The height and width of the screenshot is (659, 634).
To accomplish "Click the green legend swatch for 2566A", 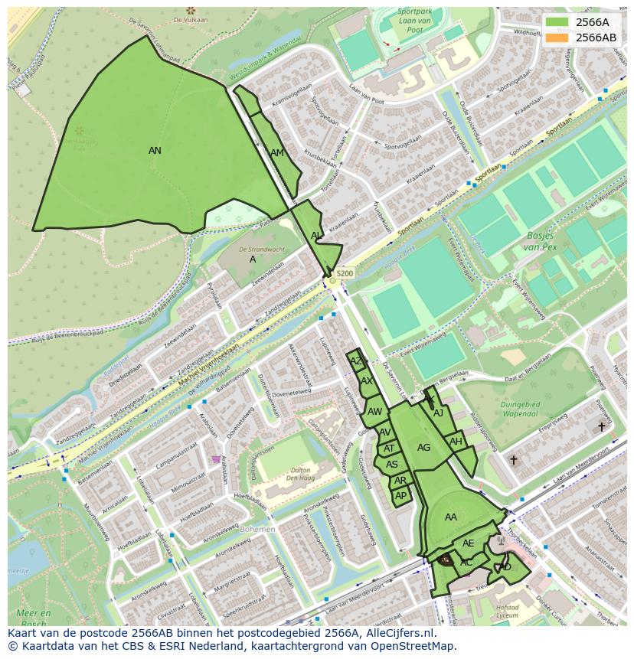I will coord(557,22).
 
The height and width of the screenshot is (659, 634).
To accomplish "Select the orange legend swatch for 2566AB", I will coord(557,38).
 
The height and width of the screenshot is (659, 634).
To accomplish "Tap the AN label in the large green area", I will coord(155,151).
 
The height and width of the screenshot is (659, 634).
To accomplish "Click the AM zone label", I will coord(277,153).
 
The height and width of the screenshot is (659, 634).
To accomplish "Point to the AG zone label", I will coord(423,448).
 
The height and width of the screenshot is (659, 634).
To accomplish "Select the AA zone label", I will coord(451,517).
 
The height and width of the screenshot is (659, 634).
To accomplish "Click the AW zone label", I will coord(374,412).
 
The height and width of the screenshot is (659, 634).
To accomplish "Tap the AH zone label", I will coord(456,442).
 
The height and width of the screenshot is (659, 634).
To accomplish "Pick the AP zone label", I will coord(400,496).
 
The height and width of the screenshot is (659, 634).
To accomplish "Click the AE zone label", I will coord(469,543).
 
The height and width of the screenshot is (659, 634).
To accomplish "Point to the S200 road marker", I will coord(345,273).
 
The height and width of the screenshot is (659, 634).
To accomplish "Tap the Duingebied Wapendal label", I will coord(520,409).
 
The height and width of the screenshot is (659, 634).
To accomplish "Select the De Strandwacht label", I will coord(262,250).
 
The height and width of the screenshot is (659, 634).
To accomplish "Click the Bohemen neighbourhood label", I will coord(257,529).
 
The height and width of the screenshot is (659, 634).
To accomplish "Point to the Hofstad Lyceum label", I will coord(508,610).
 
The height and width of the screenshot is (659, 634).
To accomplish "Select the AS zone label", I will coord(392,465).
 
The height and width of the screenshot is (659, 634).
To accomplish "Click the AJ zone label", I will coord(438,413).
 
